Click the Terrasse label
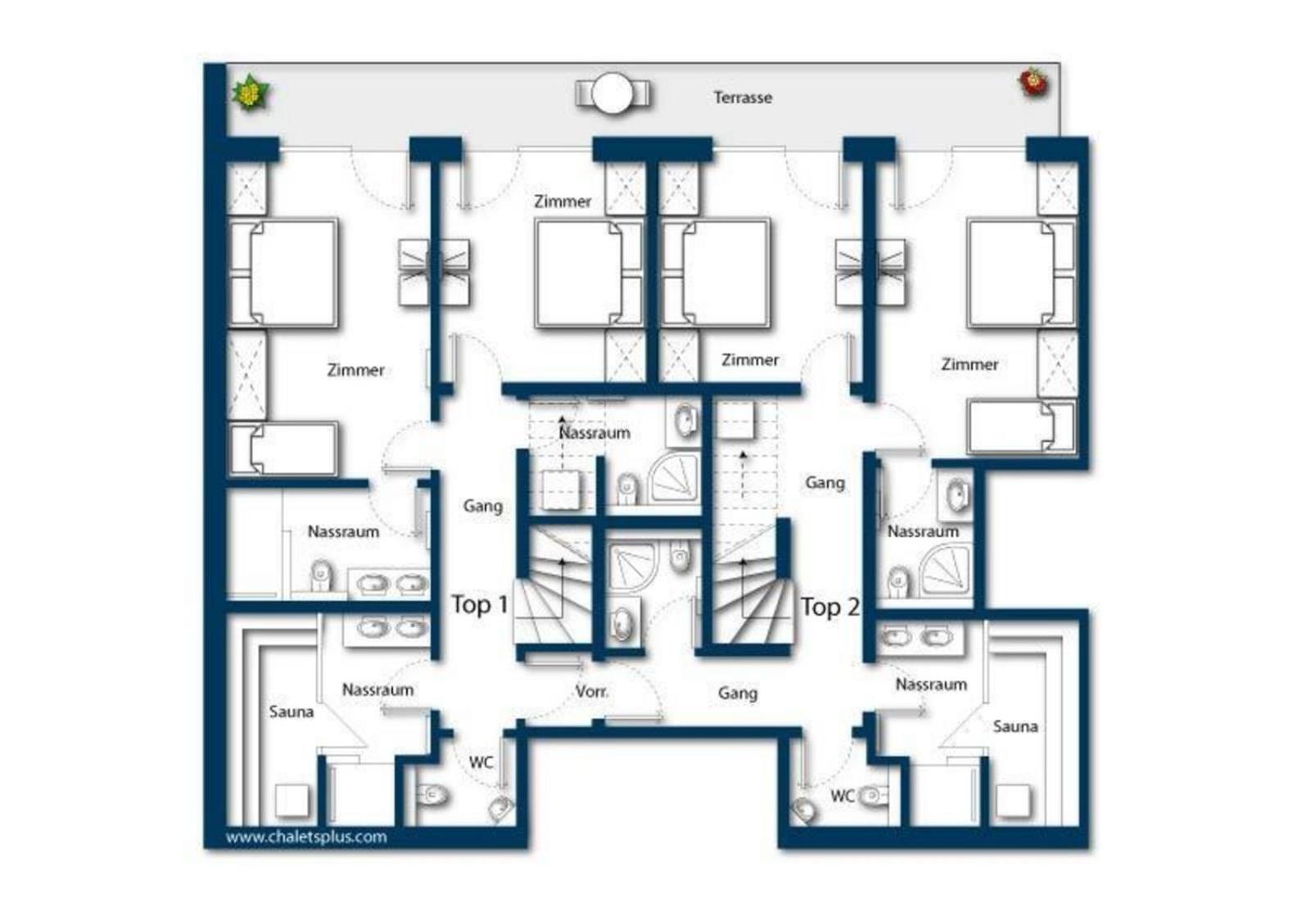pyautogui.click(x=742, y=97)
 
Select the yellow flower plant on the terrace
pyautogui.click(x=251, y=93)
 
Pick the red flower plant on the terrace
pyautogui.click(x=1034, y=83)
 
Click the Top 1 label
pyautogui.click(x=480, y=604)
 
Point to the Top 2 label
pyautogui.click(x=830, y=607)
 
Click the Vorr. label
pyautogui.click(x=592, y=692)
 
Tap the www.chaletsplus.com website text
pyautogui.click(x=306, y=837)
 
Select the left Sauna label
pyautogui.click(x=291, y=711)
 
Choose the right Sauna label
pyautogui.click(x=1015, y=726)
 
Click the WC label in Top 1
pyautogui.click(x=481, y=762)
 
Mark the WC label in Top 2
pyautogui.click(x=842, y=796)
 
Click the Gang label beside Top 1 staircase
pyautogui.click(x=482, y=506)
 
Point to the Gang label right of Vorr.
pyautogui.click(x=738, y=693)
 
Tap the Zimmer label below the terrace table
pyautogui.click(x=562, y=201)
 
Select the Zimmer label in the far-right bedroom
pyautogui.click(x=969, y=365)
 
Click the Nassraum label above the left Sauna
pyautogui.click(x=377, y=690)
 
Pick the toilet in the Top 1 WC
pyautogui.click(x=432, y=795)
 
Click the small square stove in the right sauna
pyautogui.click(x=1013, y=801)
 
